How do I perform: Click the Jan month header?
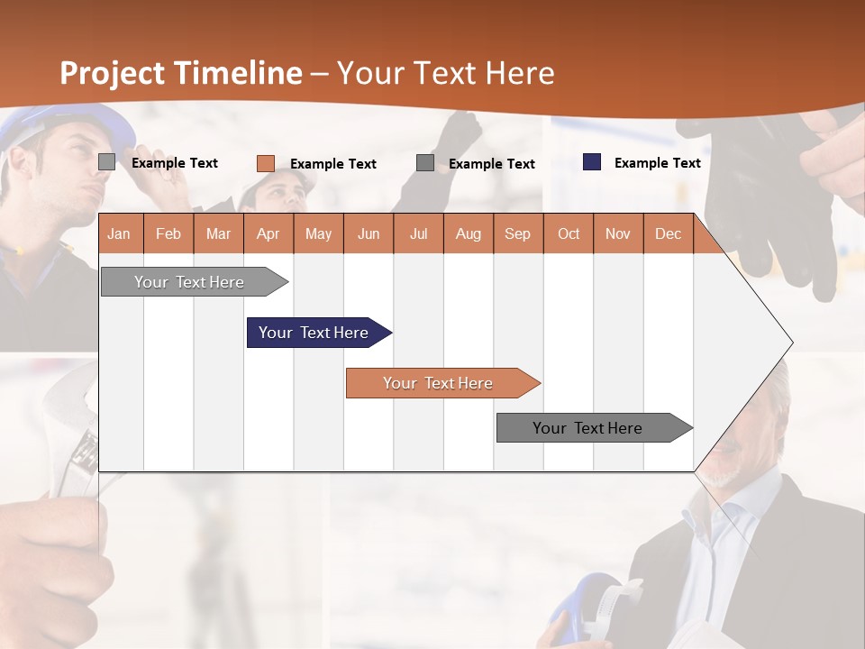[119, 234]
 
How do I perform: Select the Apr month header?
[268, 234]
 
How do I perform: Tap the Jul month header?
[418, 234]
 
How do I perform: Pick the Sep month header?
[517, 234]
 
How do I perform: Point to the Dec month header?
[668, 234]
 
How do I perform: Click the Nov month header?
[617, 234]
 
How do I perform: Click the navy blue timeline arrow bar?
[315, 333]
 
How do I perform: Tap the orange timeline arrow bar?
[440, 383]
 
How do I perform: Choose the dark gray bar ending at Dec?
[590, 428]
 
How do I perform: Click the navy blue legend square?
[592, 162]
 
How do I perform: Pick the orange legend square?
[265, 163]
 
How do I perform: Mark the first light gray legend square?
[106, 162]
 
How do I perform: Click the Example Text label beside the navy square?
[657, 162]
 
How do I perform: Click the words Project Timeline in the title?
[180, 73]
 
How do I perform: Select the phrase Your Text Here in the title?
[445, 73]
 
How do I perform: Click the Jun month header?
[368, 234]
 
